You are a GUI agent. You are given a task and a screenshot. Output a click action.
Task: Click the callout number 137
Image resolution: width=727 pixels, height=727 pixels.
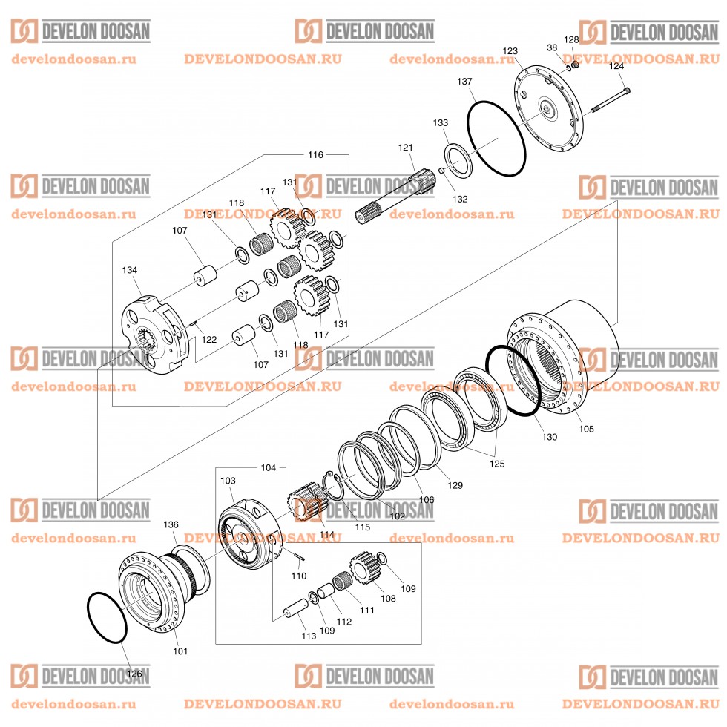point(464,80)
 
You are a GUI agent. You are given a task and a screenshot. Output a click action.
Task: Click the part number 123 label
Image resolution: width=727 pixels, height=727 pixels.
point(510,51)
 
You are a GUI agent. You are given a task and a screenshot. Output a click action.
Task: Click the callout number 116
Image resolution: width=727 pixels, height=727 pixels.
point(315,154)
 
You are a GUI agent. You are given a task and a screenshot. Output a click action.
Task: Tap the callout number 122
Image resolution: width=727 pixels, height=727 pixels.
point(209,340)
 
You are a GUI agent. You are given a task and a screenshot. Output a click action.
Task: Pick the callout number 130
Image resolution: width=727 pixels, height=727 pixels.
point(549,437)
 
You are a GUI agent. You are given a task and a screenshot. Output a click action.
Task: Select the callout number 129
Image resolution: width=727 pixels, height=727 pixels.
point(455,485)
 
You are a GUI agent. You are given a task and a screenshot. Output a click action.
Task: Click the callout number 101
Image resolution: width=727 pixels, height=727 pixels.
point(180,651)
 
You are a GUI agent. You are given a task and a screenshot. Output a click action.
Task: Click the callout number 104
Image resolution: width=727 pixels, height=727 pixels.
point(269,468)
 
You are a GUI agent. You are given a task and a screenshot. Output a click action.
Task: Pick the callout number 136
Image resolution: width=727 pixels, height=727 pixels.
point(171,524)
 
